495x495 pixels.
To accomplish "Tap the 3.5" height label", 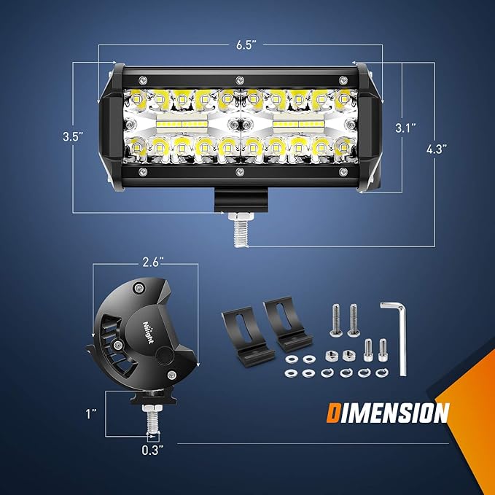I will tap(72, 136).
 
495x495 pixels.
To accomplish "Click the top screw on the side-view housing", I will tap(136, 289).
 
